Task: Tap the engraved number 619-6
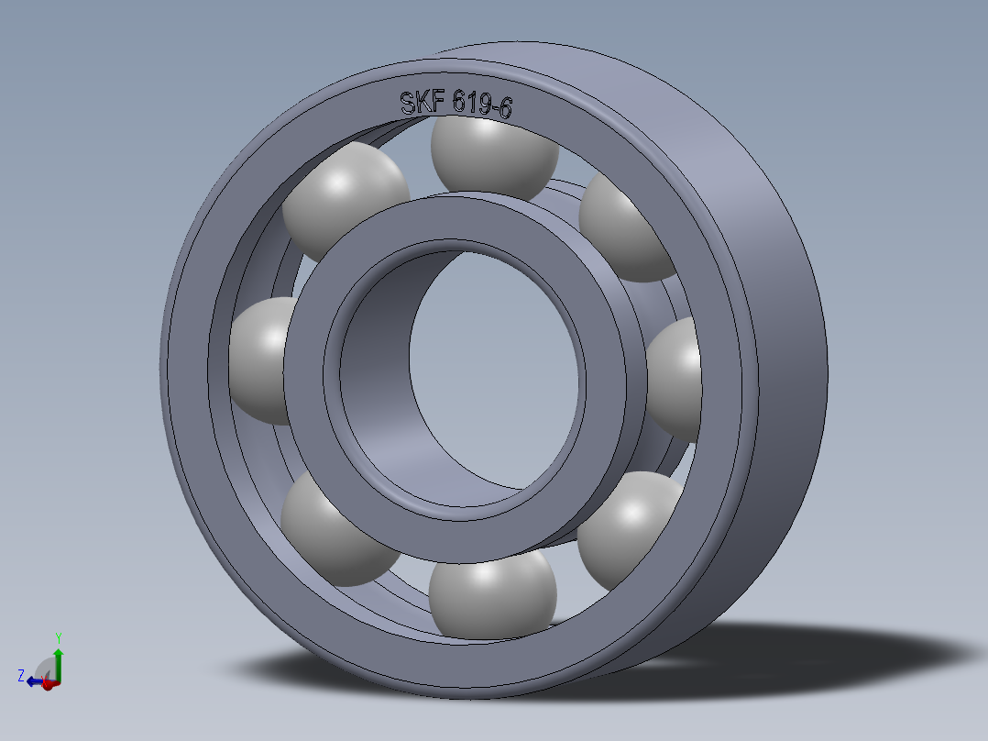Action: (x=482, y=105)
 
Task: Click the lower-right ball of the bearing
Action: (x=632, y=528)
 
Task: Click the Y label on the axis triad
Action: (x=58, y=637)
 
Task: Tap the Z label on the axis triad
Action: (x=20, y=676)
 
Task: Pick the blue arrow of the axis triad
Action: (x=35, y=681)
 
